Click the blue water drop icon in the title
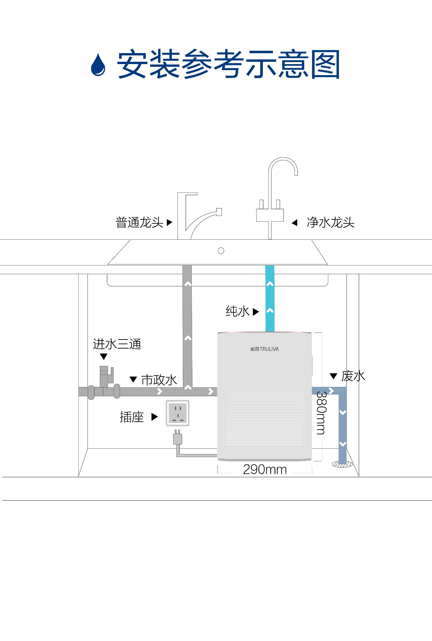point(98,65)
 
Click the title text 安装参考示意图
point(228,64)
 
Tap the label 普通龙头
point(139,222)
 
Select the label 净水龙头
point(330,222)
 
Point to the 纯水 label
point(237,311)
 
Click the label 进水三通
point(117,344)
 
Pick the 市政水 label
point(159,380)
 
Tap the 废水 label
point(353,376)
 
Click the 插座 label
point(131,417)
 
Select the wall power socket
point(178,413)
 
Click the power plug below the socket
point(177,438)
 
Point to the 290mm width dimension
point(265,469)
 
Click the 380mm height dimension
point(321,413)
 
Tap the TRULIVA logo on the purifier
point(265,349)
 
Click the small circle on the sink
point(221,251)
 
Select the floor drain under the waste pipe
point(342,464)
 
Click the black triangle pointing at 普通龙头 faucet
point(169,222)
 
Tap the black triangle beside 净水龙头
point(294,223)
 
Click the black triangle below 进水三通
point(104,357)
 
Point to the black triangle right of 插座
point(154,417)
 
